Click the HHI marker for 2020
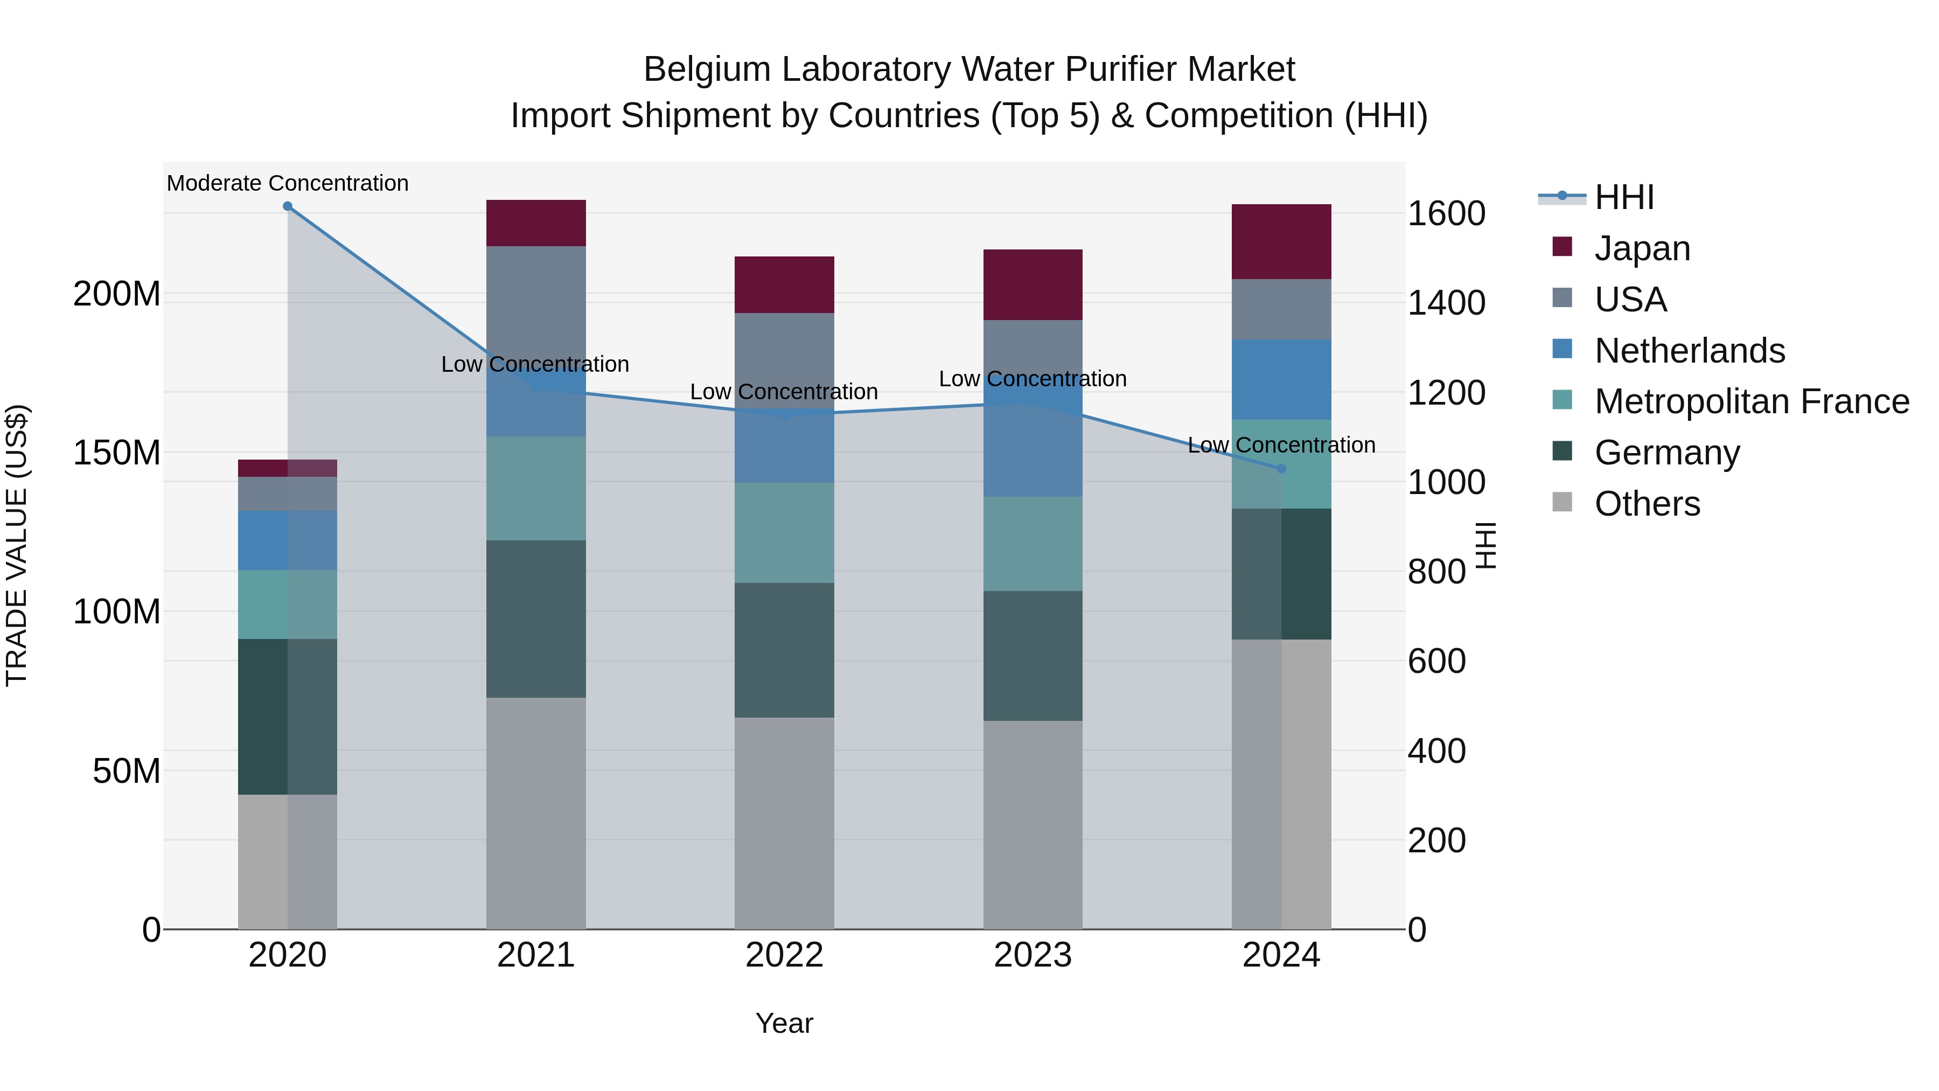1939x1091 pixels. click(288, 206)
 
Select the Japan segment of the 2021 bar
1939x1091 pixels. click(536, 223)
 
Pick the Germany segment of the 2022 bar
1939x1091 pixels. click(784, 650)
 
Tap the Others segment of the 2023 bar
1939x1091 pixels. click(1033, 824)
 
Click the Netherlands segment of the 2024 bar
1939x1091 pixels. click(1282, 379)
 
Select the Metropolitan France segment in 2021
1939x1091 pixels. click(536, 488)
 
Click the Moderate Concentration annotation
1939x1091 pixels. click(288, 183)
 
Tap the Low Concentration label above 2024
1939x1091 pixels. click(1281, 445)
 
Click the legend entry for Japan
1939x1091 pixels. click(1642, 248)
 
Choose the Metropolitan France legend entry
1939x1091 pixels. click(1752, 401)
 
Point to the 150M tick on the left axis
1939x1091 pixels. click(117, 453)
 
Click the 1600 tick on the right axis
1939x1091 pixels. click(1446, 214)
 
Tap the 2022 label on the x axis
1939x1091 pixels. click(784, 955)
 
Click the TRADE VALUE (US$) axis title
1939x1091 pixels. click(17, 545)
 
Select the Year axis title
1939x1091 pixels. click(784, 1023)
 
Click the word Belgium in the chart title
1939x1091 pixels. click(706, 70)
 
